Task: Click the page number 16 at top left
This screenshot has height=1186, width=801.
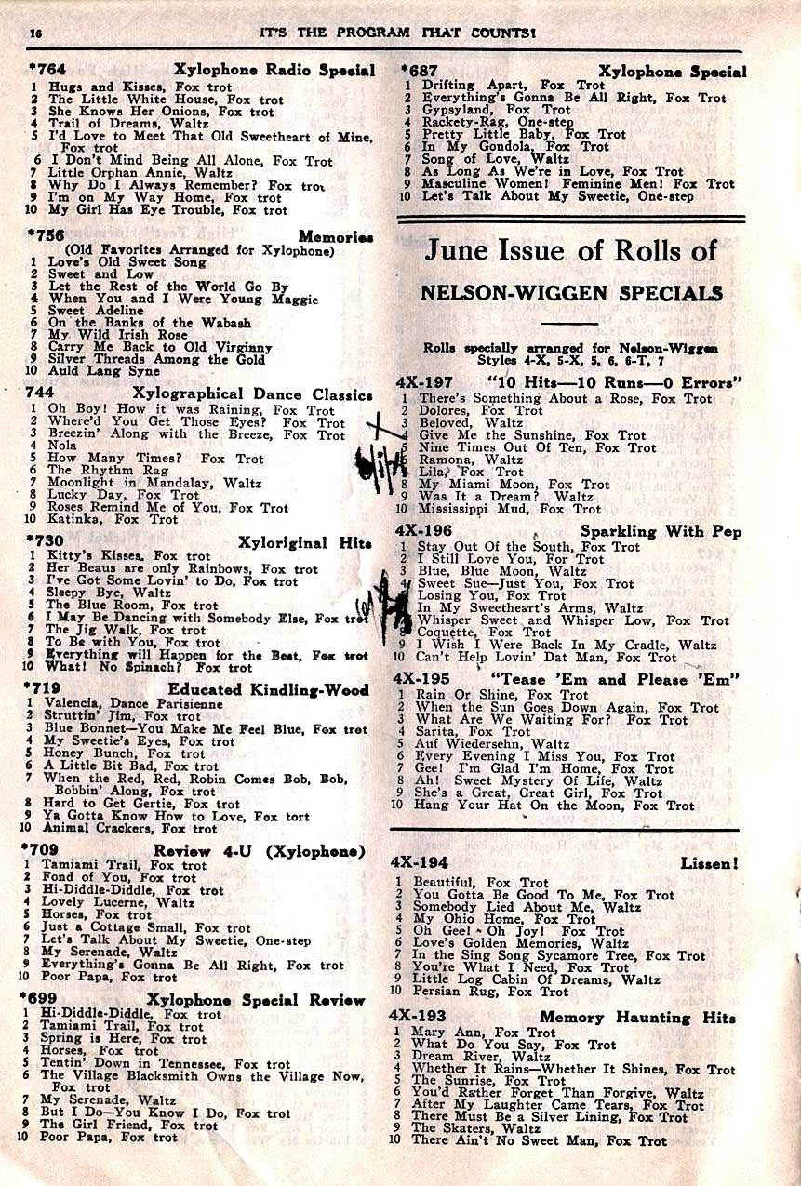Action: [x=34, y=33]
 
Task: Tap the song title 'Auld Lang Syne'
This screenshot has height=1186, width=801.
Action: [x=98, y=371]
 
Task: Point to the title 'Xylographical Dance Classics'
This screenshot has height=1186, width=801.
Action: [x=252, y=394]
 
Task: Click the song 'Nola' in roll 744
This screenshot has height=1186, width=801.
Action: [x=63, y=446]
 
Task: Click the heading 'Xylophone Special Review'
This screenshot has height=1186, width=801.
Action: [x=256, y=1000]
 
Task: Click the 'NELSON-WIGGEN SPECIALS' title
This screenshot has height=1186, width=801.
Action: [x=571, y=293]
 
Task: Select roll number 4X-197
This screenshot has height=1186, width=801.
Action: [x=423, y=381]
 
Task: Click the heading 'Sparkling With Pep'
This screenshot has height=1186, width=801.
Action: [x=658, y=531]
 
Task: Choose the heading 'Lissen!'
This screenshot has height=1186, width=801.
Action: [x=709, y=863]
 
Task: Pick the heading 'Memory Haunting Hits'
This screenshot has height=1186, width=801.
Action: [x=637, y=1018]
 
